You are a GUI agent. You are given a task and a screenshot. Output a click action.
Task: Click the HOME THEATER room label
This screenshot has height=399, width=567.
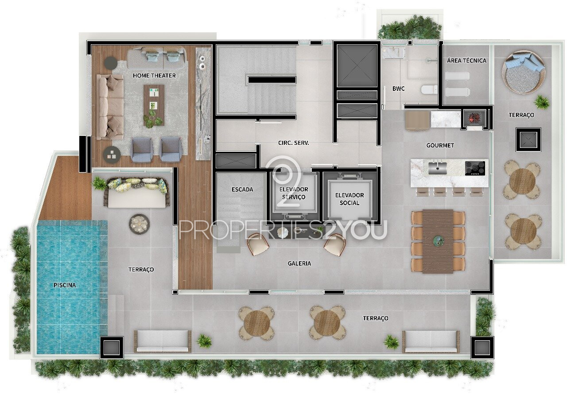click(x=154, y=75)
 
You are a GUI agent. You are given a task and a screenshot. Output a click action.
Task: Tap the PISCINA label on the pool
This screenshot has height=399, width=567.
click(x=65, y=285)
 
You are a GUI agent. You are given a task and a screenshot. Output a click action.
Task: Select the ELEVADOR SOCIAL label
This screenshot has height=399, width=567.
click(x=350, y=199)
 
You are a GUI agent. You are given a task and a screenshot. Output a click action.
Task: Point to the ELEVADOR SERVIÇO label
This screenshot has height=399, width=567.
click(x=294, y=193)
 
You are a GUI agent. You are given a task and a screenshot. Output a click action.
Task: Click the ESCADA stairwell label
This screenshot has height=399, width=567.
click(x=242, y=189)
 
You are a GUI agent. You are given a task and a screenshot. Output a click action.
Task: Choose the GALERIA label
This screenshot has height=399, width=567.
click(x=299, y=263)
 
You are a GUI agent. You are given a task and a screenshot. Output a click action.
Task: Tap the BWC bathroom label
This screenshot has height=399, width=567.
click(x=398, y=89)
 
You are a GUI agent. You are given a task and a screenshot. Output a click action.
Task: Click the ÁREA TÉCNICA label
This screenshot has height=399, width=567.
click(x=466, y=61)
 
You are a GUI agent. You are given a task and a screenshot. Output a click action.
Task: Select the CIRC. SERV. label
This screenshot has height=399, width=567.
click(x=293, y=143)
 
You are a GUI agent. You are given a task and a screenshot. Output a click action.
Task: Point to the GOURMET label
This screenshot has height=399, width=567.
click(x=440, y=145)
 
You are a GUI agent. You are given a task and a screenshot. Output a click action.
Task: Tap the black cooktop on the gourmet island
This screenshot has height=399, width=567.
click(x=475, y=168)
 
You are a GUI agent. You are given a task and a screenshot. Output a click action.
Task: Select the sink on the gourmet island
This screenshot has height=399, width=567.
click(x=437, y=168)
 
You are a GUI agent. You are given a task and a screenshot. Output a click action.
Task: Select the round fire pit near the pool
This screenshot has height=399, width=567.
click(x=139, y=223)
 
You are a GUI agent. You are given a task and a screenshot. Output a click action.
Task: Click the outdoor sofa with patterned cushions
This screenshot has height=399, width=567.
click(x=137, y=193)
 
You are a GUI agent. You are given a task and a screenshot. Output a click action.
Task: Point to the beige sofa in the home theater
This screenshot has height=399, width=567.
click(x=109, y=107)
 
